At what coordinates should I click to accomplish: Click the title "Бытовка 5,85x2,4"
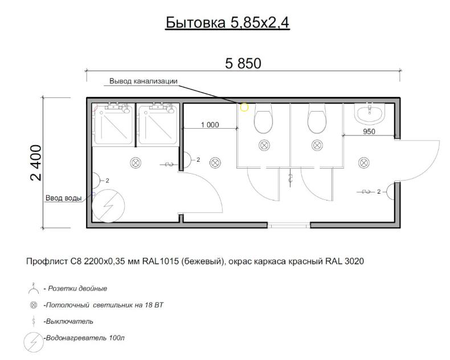(x=227, y=22)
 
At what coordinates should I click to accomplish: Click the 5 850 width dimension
(x=243, y=63)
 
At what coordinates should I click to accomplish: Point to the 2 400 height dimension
(x=36, y=163)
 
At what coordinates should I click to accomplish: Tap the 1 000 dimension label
(x=210, y=125)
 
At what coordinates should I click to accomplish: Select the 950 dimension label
(x=369, y=132)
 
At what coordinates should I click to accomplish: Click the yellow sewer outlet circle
(x=244, y=107)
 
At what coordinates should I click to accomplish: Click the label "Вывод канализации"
(x=143, y=81)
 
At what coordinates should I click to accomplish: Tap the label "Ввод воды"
(x=63, y=198)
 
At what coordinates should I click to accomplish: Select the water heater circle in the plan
(x=108, y=206)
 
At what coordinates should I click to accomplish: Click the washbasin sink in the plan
(x=370, y=113)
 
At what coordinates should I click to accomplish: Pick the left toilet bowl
(x=264, y=118)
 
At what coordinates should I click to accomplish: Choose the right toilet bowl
(x=317, y=118)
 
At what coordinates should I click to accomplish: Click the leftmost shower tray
(x=113, y=124)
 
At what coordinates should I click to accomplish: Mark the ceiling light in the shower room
(x=136, y=163)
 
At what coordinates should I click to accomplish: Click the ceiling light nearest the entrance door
(x=364, y=163)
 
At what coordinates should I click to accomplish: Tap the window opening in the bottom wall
(x=289, y=226)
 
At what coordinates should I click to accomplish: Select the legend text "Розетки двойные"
(x=77, y=289)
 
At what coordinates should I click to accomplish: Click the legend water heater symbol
(x=34, y=342)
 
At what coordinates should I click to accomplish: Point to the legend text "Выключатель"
(x=69, y=321)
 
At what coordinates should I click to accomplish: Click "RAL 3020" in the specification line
(x=345, y=261)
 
